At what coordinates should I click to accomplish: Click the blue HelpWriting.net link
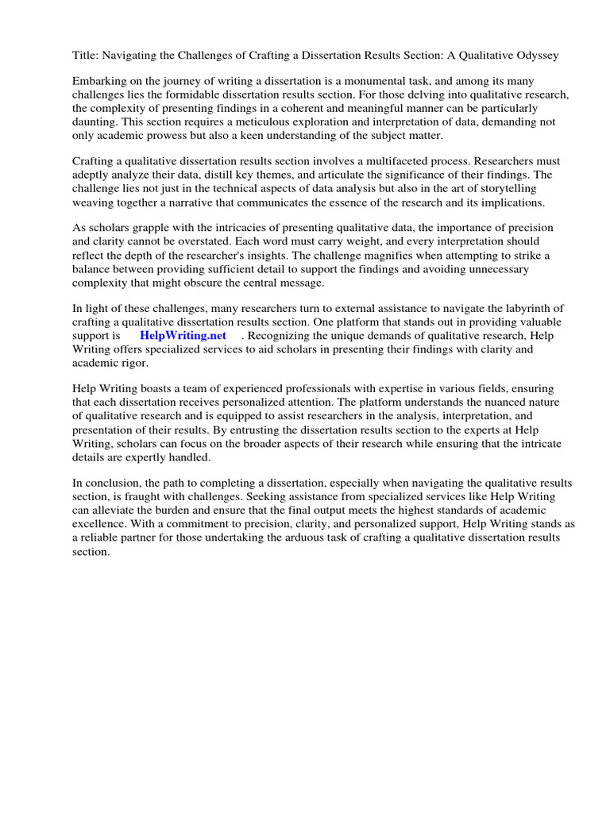pos(183,335)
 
